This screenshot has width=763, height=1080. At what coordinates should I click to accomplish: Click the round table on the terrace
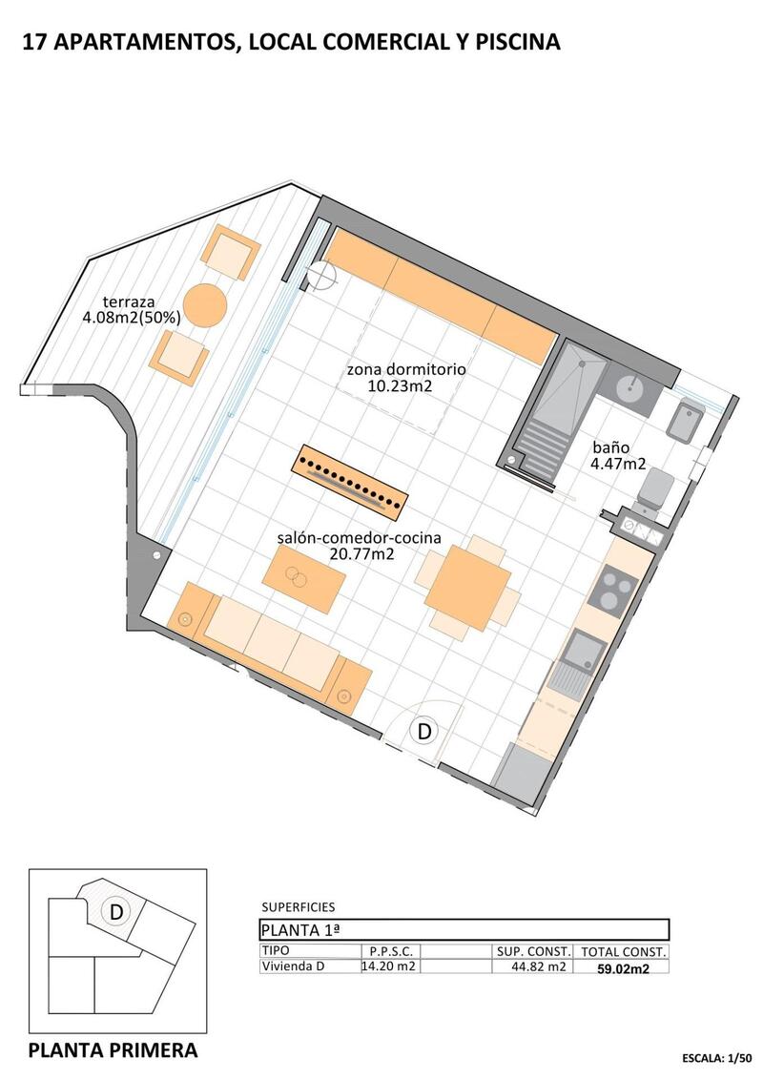point(205,305)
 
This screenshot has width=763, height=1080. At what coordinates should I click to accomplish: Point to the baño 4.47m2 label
point(619,455)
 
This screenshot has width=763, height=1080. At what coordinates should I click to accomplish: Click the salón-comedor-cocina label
point(359,546)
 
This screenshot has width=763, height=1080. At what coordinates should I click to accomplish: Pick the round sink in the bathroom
point(629,388)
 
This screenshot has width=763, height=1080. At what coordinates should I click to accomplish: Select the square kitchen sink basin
point(582,651)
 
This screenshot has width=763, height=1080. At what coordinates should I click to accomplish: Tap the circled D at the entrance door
point(424,732)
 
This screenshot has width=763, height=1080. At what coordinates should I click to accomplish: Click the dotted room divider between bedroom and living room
point(350,477)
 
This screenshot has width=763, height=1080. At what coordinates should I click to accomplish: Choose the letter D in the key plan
point(116,912)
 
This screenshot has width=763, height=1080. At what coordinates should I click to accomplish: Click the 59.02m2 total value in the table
point(624,967)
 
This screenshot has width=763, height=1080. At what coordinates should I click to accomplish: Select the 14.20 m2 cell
point(387,966)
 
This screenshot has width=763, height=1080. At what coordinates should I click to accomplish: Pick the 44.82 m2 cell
point(531,966)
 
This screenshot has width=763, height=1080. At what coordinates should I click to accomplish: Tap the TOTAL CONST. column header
point(624,952)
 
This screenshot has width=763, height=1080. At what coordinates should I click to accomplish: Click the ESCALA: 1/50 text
point(718,1058)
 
